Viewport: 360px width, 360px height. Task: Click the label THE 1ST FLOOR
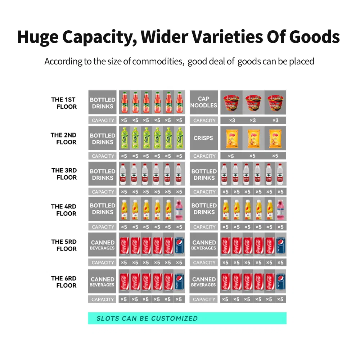click(64, 103)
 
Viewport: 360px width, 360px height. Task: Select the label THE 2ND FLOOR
click(64, 139)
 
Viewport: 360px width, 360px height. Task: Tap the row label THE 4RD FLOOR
click(64, 210)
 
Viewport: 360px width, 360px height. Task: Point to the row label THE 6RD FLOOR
click(64, 282)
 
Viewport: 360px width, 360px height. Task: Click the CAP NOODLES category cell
click(203, 102)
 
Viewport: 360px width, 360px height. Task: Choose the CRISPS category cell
click(203, 138)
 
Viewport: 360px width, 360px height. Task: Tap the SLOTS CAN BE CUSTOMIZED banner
click(187, 318)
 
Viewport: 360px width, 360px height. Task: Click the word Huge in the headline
click(38, 37)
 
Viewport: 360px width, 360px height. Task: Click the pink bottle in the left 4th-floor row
click(179, 210)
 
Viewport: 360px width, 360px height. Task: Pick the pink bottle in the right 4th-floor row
click(280, 210)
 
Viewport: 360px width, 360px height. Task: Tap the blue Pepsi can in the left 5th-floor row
click(179, 245)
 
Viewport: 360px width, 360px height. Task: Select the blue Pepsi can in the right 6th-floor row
click(280, 282)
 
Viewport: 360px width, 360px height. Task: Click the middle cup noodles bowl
click(253, 102)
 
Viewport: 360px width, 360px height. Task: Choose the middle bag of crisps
click(253, 138)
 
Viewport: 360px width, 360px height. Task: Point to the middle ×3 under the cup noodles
click(253, 120)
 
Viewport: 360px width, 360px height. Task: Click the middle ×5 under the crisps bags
click(253, 156)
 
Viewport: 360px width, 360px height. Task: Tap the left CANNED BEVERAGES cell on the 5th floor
click(103, 245)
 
